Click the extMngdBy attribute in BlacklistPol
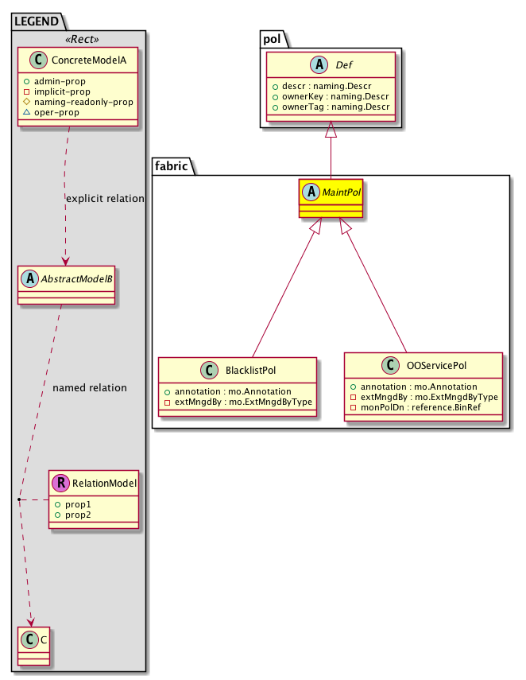[239, 402]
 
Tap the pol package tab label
[271, 39]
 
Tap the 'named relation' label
[89, 388]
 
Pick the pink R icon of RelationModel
[62, 483]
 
